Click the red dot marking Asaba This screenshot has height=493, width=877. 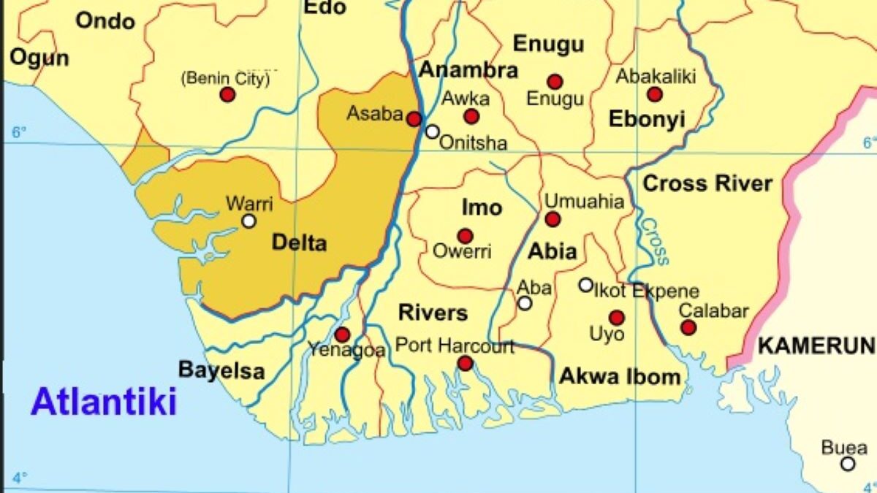(x=414, y=119)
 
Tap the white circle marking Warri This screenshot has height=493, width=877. (x=249, y=221)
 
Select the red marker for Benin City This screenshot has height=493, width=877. (x=227, y=94)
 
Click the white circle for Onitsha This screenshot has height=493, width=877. (x=433, y=131)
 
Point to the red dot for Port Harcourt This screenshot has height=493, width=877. (x=465, y=363)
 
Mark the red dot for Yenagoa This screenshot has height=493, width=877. (x=342, y=335)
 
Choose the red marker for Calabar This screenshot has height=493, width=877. (x=688, y=327)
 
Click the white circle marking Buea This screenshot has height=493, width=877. (x=848, y=464)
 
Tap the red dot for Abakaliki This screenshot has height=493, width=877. (x=655, y=94)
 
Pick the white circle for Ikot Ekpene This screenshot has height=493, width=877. (x=586, y=285)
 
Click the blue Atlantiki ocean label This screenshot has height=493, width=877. (x=104, y=402)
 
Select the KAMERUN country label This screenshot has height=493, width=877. (x=816, y=345)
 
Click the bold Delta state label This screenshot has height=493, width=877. (x=299, y=242)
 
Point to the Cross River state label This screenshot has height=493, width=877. (x=707, y=184)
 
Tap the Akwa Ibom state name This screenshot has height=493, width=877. (x=620, y=377)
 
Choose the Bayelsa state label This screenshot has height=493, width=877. (x=221, y=370)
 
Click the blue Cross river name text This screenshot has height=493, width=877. (x=654, y=242)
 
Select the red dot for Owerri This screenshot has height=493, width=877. (x=465, y=236)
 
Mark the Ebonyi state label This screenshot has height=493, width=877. (x=647, y=120)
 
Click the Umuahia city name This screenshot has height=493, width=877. (x=585, y=202)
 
